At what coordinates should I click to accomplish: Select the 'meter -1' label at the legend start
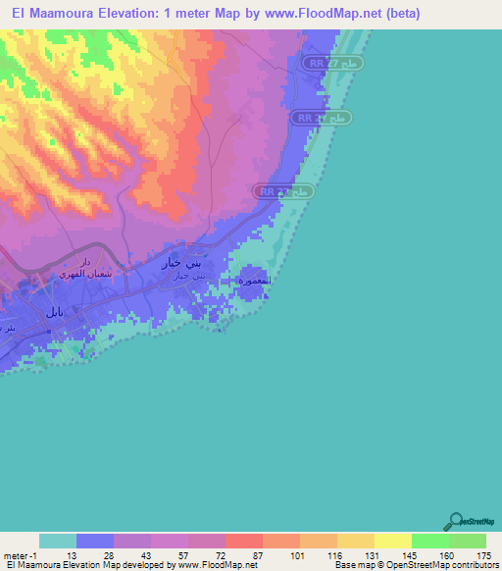(x=21, y=555)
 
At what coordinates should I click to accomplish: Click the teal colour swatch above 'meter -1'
(x=58, y=541)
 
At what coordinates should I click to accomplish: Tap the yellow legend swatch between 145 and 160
(x=429, y=541)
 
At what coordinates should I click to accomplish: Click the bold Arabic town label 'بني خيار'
(x=182, y=265)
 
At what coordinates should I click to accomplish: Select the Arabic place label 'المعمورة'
(x=254, y=281)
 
